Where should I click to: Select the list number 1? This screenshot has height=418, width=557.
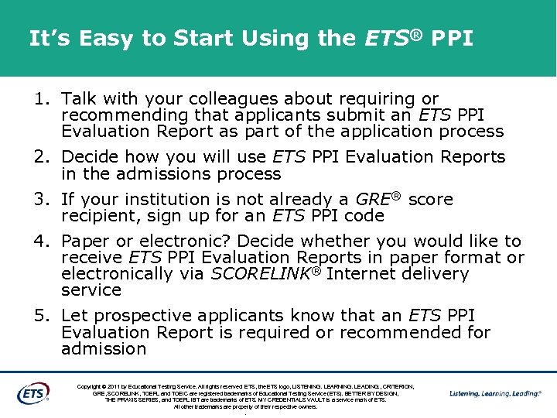39,99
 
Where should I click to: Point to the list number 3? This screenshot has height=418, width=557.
39,200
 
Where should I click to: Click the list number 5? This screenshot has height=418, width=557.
39,316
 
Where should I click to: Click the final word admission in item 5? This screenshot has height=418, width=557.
103,348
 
